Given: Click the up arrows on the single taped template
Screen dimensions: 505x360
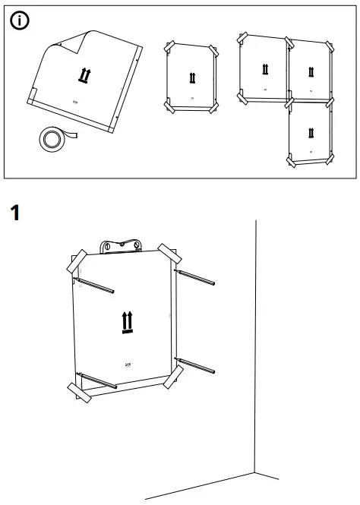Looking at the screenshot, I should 191,77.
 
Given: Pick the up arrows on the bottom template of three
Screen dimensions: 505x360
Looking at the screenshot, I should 310,134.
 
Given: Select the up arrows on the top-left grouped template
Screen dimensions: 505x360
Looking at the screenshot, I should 263,69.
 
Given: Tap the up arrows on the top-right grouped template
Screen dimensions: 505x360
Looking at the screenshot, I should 310,72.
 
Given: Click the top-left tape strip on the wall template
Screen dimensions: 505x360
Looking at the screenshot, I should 77,262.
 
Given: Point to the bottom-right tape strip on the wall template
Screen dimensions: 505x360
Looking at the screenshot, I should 173,376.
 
